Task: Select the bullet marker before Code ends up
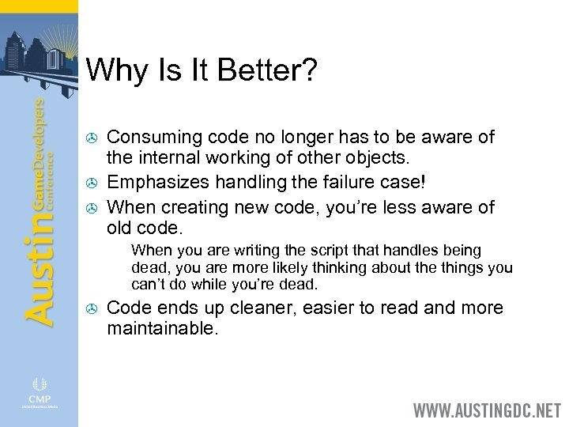point(90,308)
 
